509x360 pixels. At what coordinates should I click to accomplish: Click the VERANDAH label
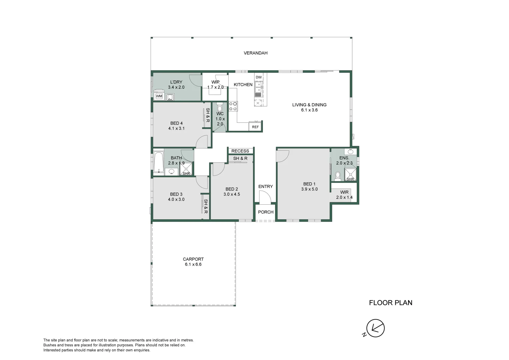click(255, 53)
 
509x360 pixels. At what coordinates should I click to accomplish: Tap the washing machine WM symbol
click(159, 96)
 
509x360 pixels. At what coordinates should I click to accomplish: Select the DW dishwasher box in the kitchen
click(258, 77)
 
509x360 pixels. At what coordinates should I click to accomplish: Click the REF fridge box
click(255, 127)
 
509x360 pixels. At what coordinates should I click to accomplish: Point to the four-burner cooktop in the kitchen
click(233, 106)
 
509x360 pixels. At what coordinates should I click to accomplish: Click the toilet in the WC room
click(220, 108)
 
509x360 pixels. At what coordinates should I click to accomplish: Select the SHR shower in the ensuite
click(350, 175)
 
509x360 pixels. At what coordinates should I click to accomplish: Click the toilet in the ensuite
click(337, 176)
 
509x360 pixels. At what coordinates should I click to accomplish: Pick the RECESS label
click(240, 151)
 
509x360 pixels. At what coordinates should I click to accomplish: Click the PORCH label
click(266, 212)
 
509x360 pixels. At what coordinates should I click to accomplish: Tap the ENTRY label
click(265, 187)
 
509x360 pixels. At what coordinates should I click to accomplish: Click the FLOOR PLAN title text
click(390, 303)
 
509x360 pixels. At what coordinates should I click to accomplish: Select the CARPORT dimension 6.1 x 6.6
click(193, 264)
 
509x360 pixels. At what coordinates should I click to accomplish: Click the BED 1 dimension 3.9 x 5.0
click(309, 189)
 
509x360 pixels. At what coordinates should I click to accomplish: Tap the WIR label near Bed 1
click(344, 192)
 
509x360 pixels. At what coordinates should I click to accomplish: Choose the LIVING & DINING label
click(309, 105)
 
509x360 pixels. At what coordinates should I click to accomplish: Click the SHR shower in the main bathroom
click(186, 170)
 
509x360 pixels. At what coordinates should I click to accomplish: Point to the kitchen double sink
click(258, 87)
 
